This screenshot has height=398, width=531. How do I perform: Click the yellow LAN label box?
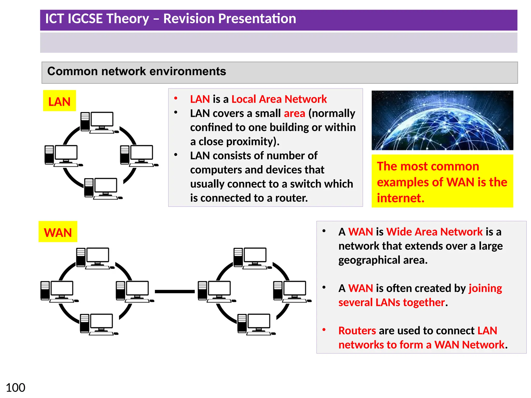(59, 101)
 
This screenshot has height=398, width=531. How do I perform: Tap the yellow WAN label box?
(58, 232)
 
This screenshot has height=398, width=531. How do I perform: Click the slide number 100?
(15, 388)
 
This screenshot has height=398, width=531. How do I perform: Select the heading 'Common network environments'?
(137, 71)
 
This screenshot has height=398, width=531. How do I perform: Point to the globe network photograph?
(442, 120)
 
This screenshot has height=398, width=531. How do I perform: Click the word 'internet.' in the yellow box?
(400, 198)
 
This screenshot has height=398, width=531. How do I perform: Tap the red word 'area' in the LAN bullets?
(294, 113)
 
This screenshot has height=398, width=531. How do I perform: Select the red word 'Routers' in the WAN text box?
(357, 331)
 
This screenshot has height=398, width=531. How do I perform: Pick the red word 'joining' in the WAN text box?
(485, 288)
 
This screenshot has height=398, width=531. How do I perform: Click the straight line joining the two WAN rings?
(174, 292)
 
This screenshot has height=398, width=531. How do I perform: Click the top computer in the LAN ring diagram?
(98, 122)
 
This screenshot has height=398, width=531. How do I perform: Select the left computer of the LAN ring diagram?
(62, 155)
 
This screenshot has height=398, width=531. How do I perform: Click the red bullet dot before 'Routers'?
(324, 330)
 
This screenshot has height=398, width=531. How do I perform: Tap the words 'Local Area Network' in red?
(279, 99)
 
